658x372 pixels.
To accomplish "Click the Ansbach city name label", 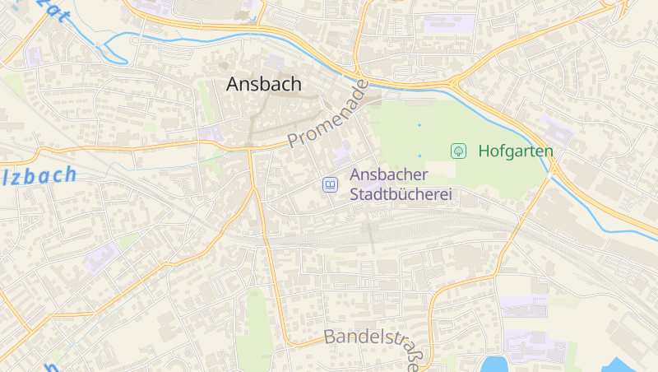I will coord(264,84).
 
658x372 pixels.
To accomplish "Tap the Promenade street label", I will coord(327,115).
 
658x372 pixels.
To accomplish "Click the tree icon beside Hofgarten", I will coord(459,151).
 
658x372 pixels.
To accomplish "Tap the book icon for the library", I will coord(330,185).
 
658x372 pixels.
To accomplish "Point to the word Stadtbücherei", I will coord(401,195).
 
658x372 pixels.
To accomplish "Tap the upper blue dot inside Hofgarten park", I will coord(419,125).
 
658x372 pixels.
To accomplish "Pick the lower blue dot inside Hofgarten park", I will coord(419,155).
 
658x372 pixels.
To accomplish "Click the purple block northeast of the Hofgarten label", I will coord(559,132).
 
